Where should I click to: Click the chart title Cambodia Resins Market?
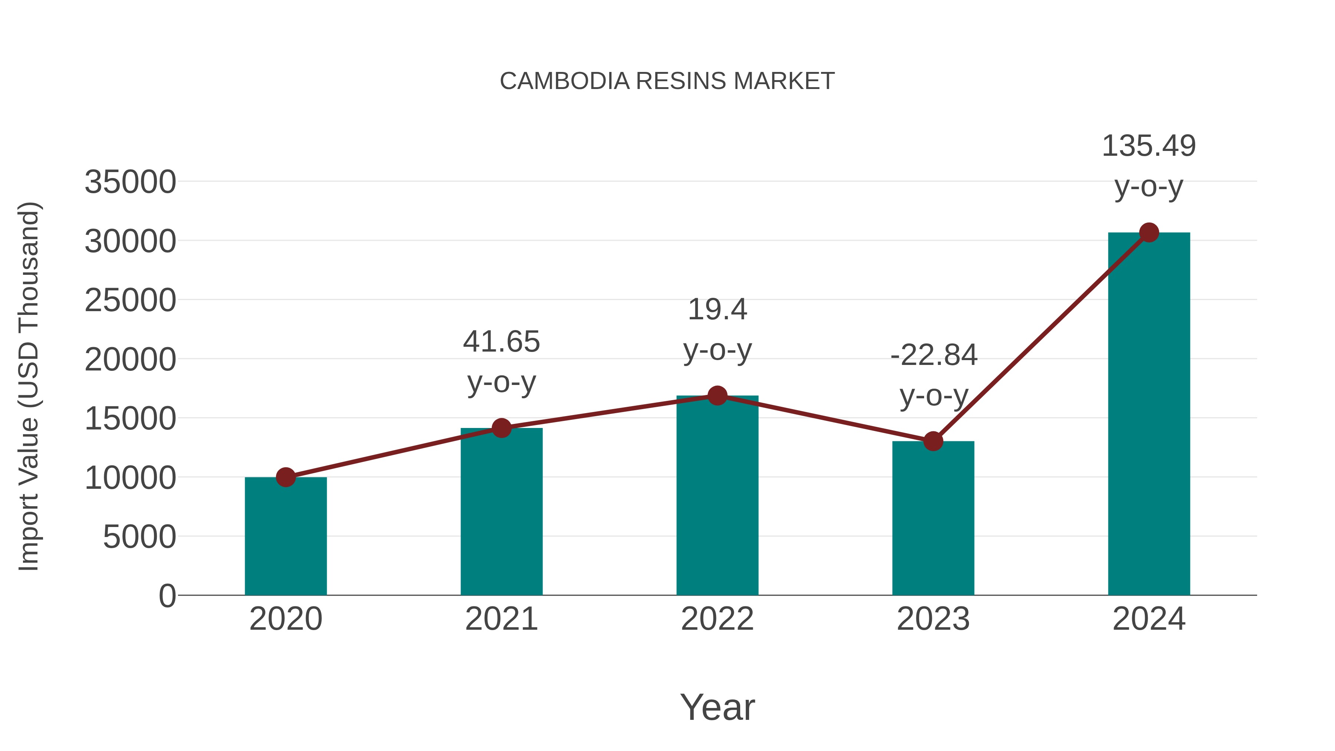tap(667, 81)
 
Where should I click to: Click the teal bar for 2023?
tap(933, 518)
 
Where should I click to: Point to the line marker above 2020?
tap(286, 477)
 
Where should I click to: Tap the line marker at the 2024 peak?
tap(1149, 233)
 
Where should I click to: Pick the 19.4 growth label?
tap(717, 330)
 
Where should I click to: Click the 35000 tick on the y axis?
tap(130, 182)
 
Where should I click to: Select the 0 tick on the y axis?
tap(167, 596)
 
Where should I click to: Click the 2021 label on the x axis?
tap(501, 619)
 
